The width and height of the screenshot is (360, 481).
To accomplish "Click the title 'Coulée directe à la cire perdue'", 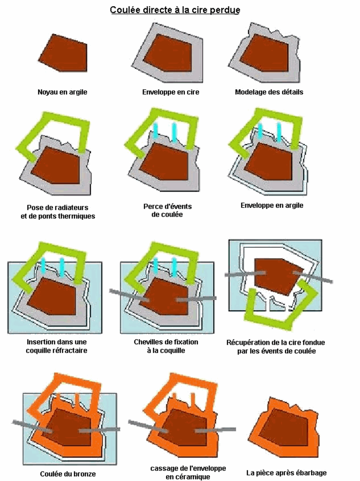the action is click(x=175, y=10).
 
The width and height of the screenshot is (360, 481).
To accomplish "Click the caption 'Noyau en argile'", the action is click(x=62, y=92).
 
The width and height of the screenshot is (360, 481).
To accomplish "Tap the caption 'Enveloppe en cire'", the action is click(x=171, y=92).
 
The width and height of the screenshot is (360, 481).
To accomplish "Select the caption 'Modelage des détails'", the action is click(x=269, y=92).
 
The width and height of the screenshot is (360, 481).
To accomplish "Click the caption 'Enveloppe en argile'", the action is click(x=272, y=206).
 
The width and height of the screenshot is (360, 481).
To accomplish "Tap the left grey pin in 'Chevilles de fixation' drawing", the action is click(x=129, y=295).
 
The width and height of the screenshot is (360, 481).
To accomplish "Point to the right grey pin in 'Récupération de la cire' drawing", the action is click(x=313, y=277).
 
